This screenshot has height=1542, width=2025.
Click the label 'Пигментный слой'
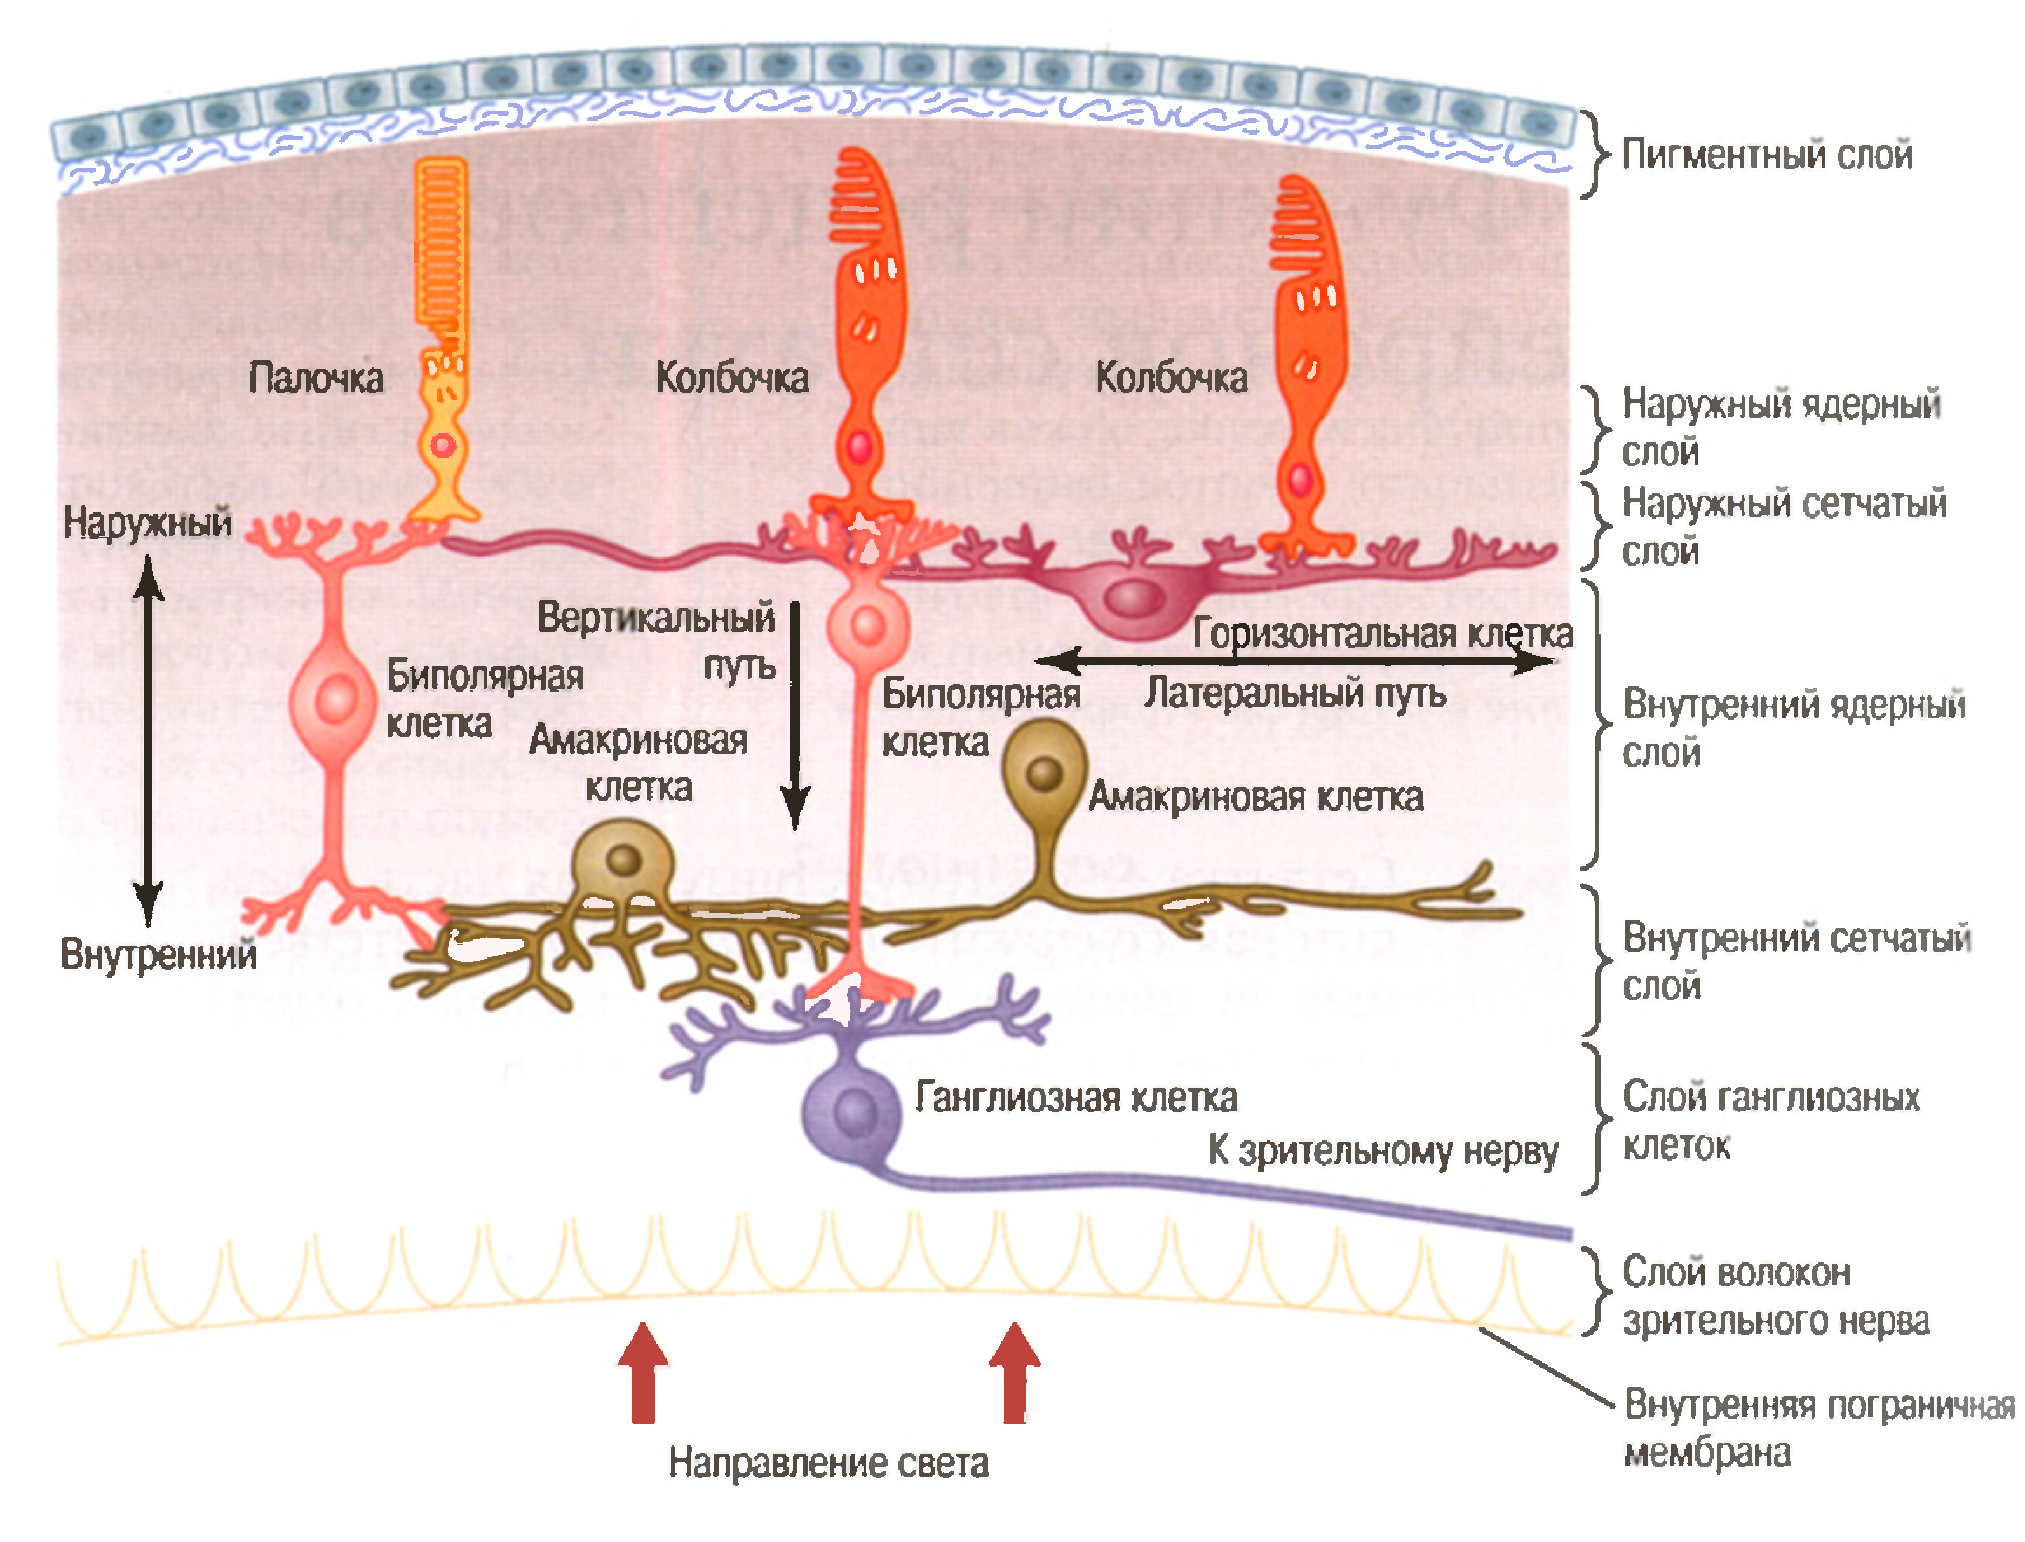1766,154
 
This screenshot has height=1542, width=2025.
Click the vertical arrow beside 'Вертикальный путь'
795,716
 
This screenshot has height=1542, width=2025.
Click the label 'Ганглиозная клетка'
1075,1098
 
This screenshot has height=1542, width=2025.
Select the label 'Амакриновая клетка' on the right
1255,796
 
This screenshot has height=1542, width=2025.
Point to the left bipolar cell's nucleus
336,699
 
